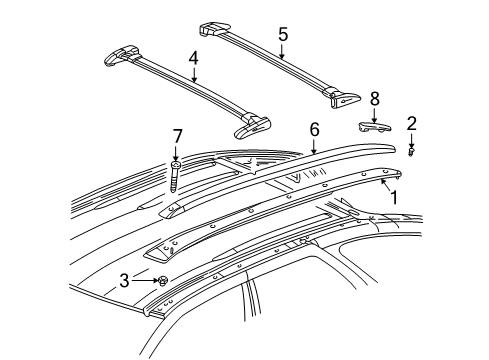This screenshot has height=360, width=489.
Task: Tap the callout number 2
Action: (411, 123)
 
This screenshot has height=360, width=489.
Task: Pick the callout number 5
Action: (284, 35)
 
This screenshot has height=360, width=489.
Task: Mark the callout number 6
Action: (314, 129)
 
